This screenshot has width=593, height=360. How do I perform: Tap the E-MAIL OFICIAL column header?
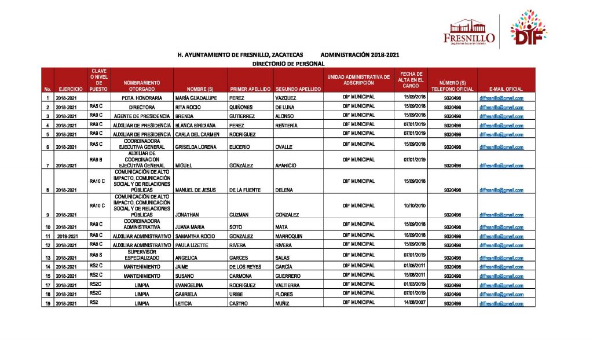coord(506,89)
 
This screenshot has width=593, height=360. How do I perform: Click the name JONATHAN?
coord(187,215)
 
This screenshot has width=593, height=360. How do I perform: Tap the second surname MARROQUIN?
coord(289,237)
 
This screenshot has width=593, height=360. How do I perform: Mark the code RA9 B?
coord(96,159)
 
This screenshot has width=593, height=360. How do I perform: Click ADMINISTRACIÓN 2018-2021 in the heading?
coord(360,55)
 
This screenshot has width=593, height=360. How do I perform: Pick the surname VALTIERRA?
coord(288,285)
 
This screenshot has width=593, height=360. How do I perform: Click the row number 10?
coord(47,227)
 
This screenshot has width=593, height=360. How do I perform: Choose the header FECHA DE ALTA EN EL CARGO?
coord(411,80)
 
